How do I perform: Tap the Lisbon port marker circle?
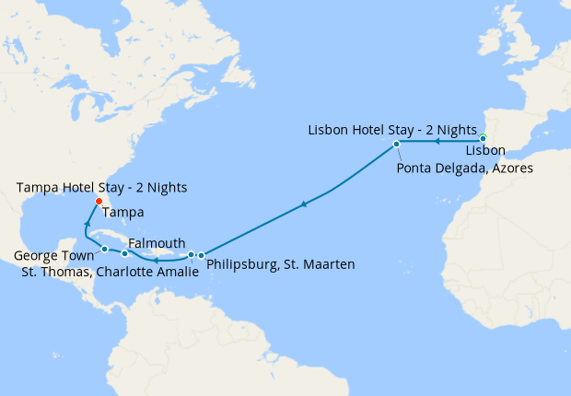pyautogui.click(x=484, y=138)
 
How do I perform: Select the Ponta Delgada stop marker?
pyautogui.click(x=396, y=145)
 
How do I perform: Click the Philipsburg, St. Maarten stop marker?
pyautogui.click(x=201, y=255)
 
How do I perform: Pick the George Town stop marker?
pyautogui.click(x=105, y=250)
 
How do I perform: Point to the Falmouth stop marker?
pyautogui.click(x=125, y=251)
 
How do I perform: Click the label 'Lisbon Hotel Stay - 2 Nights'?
pyautogui.click(x=391, y=128)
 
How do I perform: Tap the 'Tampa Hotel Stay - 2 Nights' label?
pyautogui.click(x=102, y=188)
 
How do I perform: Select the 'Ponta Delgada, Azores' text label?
pyautogui.click(x=465, y=169)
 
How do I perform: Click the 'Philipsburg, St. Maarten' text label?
pyautogui.click(x=281, y=265)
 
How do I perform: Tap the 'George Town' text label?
pyautogui.click(x=54, y=255)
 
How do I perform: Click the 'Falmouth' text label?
pyautogui.click(x=157, y=241)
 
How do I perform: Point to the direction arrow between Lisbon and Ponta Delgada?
pyautogui.click(x=436, y=142)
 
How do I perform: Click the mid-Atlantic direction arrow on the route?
pyautogui.click(x=303, y=205)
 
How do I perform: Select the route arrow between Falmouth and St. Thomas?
pyautogui.click(x=156, y=260)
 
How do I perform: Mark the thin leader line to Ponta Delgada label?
pyautogui.click(x=401, y=155)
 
